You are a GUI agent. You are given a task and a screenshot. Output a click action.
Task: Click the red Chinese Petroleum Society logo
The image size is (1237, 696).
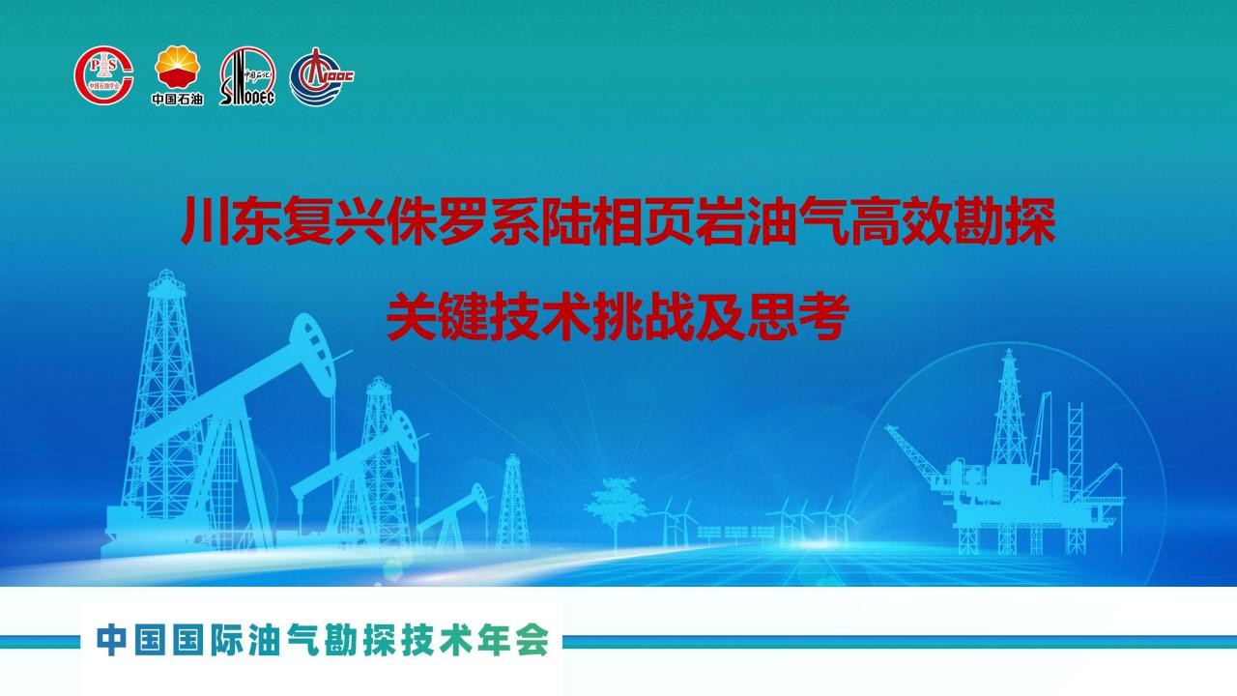click(103, 75)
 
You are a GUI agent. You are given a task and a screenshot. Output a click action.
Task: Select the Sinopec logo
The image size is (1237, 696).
click(246, 75)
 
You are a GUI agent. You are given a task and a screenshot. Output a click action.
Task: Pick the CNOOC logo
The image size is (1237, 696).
click(322, 76)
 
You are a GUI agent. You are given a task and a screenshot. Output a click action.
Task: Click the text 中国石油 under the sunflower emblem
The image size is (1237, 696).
click(177, 99)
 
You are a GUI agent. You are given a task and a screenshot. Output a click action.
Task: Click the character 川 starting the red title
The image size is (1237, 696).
click(205, 220)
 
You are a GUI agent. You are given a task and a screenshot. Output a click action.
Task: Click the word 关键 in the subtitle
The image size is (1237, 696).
click(437, 318)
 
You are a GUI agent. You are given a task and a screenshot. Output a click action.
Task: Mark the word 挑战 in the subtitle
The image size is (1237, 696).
click(643, 318)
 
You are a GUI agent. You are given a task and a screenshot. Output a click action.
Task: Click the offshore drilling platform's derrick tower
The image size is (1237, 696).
click(1009, 409)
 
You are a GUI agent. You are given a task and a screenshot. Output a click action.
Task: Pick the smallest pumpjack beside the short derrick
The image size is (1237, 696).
click(454, 516)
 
